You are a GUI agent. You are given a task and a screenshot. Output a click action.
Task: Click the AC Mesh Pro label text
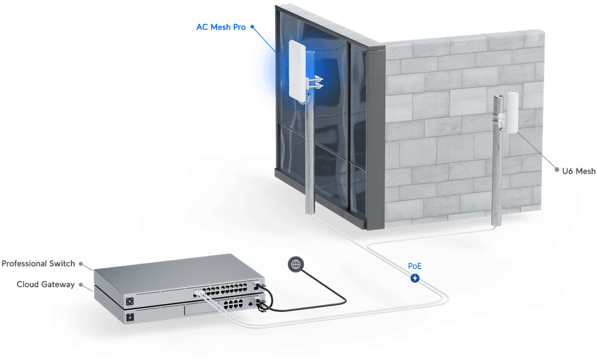click(221, 27)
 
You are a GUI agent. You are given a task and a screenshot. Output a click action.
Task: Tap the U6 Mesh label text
click(579, 171)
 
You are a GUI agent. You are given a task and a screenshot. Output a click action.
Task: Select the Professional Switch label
click(38, 263)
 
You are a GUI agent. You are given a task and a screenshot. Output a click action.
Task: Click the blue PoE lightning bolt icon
click(415, 277)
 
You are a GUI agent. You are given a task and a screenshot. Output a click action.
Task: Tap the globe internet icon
click(295, 264)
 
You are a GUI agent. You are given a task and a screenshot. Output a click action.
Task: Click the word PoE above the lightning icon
click(415, 266)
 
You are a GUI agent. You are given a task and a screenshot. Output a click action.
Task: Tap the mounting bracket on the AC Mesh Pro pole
click(316, 83)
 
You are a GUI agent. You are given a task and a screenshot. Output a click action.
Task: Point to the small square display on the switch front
click(130, 301)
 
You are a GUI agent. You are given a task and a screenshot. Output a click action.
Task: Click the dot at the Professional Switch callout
click(81, 264)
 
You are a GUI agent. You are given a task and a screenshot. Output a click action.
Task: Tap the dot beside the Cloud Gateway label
click(81, 284)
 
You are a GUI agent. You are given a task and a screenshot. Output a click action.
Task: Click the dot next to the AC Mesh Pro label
click(252, 26)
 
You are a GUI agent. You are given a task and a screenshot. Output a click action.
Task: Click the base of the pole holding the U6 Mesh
click(496, 222)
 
